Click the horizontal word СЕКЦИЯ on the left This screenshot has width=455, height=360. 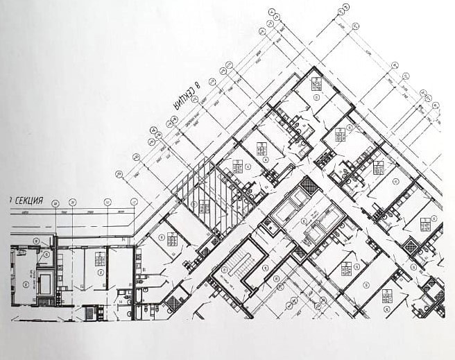click(28, 200)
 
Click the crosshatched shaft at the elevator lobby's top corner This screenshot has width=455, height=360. click(309, 185)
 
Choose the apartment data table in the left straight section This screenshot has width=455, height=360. click(101, 261)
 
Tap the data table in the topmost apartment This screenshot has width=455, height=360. click(316, 85)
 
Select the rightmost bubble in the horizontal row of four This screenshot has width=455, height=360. click(135, 203)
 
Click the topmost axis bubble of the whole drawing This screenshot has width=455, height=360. click(343, 11)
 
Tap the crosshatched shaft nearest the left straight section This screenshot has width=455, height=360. click(171, 302)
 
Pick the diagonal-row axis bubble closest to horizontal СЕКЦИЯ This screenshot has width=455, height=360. click(118, 175)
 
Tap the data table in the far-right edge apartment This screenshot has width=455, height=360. click(425, 223)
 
